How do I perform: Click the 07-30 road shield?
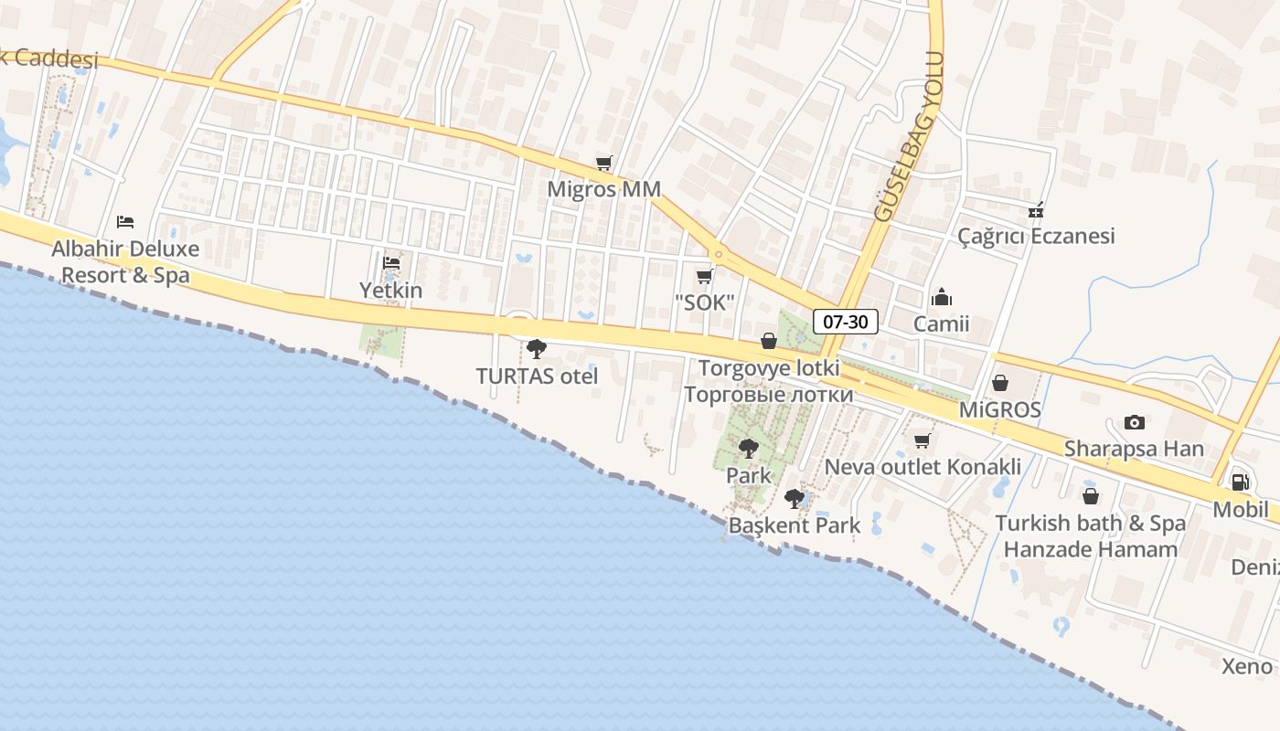pos(845,321)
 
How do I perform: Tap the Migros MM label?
pos(603,189)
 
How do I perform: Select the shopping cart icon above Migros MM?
pos(603,164)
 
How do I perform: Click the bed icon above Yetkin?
pos(391,263)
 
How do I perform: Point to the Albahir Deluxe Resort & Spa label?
pos(125,261)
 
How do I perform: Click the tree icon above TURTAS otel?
pos(537,348)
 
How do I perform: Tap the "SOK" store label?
pos(704,302)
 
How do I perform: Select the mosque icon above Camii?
pos(941,298)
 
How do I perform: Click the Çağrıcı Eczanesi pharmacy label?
pos(1036,236)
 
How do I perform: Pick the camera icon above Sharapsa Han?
pos(1134,422)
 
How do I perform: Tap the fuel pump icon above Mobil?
pos(1240,482)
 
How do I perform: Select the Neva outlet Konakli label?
pos(923,467)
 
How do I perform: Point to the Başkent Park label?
pos(794,525)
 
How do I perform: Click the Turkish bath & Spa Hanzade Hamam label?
pos(1090,536)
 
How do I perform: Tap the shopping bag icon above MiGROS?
pos(1000,383)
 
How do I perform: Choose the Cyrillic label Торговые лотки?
pos(768,395)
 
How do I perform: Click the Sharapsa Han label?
pos(1134,449)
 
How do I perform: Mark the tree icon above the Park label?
pos(749,449)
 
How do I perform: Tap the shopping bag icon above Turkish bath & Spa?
pos(1090,496)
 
